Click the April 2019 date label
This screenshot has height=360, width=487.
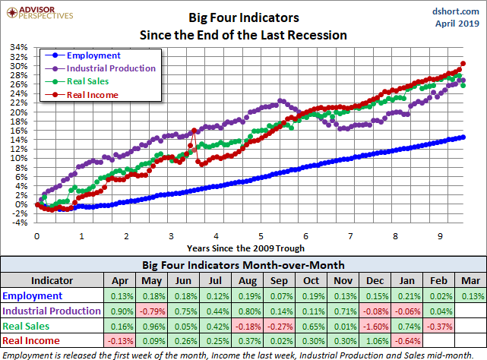point(454,24)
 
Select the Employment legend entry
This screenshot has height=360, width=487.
point(93,55)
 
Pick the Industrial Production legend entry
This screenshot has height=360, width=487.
point(111,68)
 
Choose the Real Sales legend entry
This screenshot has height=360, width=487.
point(87,81)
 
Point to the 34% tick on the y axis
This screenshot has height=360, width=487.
point(18,48)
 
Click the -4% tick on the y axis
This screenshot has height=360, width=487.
point(20,223)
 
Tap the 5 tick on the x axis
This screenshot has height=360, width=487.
point(261,236)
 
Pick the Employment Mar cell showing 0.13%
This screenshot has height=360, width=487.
point(469,296)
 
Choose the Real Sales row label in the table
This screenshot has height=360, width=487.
point(27,325)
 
